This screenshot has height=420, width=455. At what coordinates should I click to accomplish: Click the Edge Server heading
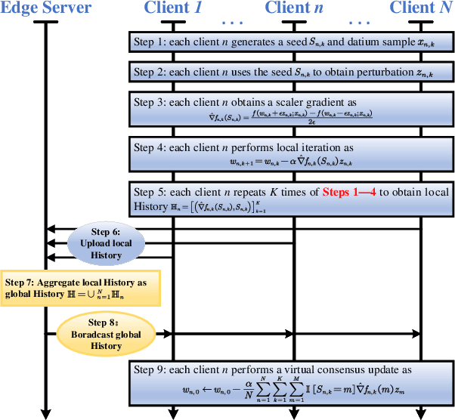[46, 8]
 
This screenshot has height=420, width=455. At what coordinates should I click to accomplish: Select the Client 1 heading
[173, 8]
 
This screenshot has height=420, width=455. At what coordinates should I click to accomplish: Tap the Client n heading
[294, 8]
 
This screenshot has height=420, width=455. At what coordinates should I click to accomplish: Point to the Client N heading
[420, 8]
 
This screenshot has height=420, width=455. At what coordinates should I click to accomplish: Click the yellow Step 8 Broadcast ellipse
[106, 333]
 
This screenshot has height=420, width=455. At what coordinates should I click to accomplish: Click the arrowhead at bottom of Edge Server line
[46, 413]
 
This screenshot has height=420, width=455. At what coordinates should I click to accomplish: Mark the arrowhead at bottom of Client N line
[420, 413]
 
